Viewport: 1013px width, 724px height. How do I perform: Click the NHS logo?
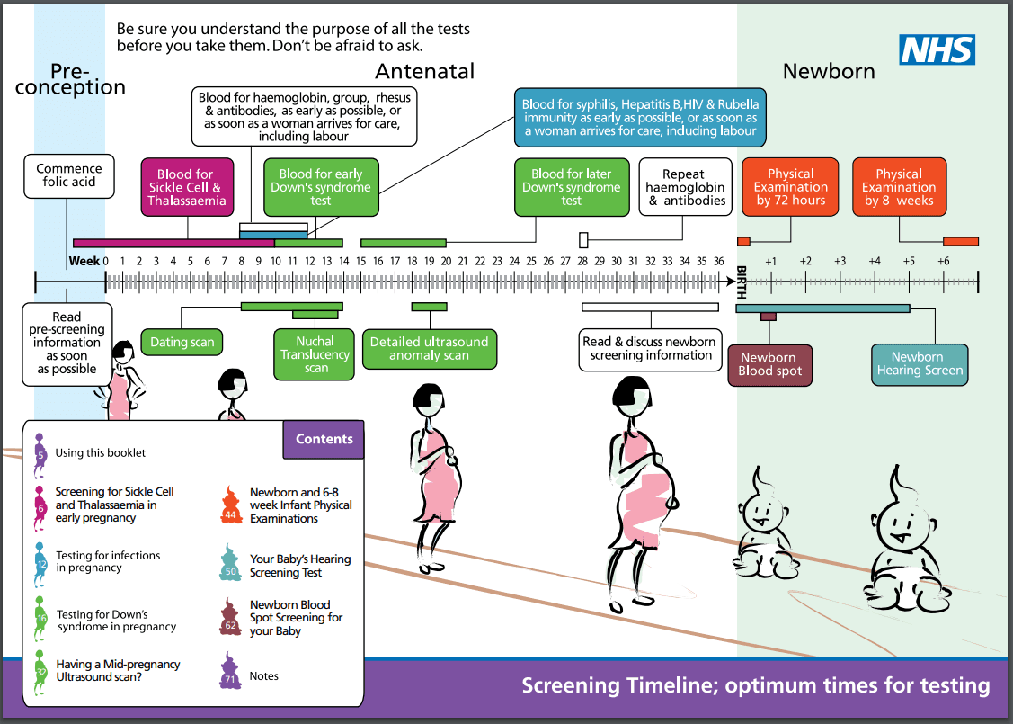(x=937, y=49)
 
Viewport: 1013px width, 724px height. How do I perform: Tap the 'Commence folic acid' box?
(x=69, y=175)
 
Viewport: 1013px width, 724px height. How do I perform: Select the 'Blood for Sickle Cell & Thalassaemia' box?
(x=187, y=187)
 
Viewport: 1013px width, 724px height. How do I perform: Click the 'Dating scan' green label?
(x=182, y=342)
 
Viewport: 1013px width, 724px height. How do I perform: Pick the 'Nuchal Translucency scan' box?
(x=315, y=354)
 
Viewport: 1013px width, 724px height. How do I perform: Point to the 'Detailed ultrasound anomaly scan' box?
(x=429, y=348)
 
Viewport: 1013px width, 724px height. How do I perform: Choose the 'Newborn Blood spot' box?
(x=769, y=364)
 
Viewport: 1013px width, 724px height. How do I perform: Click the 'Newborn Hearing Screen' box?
(x=920, y=363)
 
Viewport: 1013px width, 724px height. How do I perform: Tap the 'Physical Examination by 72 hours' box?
(x=790, y=187)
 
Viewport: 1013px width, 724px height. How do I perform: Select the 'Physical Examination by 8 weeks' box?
(x=899, y=187)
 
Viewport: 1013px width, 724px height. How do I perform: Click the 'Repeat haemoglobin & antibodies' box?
(x=684, y=187)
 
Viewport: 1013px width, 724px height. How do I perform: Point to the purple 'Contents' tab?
(x=324, y=439)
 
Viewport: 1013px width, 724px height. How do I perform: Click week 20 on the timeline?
(x=447, y=261)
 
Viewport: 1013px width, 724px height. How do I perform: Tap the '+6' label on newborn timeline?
(x=943, y=261)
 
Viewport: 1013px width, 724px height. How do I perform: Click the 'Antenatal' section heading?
(x=424, y=71)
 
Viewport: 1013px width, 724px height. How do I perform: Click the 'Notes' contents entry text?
(x=264, y=676)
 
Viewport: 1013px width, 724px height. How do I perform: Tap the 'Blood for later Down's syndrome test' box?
(x=571, y=187)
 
